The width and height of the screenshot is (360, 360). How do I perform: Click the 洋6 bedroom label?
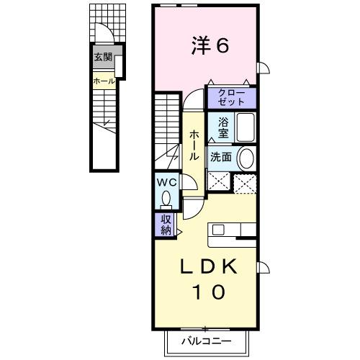[x=210, y=45]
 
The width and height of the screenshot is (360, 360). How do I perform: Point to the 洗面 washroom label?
[x=220, y=158]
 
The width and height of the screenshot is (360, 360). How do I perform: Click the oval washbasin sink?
[x=246, y=158]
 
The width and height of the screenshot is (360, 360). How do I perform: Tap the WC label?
[x=167, y=183]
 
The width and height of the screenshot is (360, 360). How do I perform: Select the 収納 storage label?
[x=166, y=225]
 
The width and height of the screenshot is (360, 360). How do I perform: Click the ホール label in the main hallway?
[x=194, y=144]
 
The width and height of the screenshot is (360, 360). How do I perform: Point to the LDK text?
[x=208, y=266]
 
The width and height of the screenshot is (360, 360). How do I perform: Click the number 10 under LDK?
[x=208, y=292]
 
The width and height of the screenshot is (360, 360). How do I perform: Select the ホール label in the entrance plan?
[x=103, y=81]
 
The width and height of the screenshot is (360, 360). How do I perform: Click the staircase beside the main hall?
[x=167, y=122]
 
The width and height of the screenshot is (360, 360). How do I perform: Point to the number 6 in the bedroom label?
[x=222, y=45]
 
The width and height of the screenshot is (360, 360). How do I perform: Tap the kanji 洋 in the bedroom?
[x=198, y=45]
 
